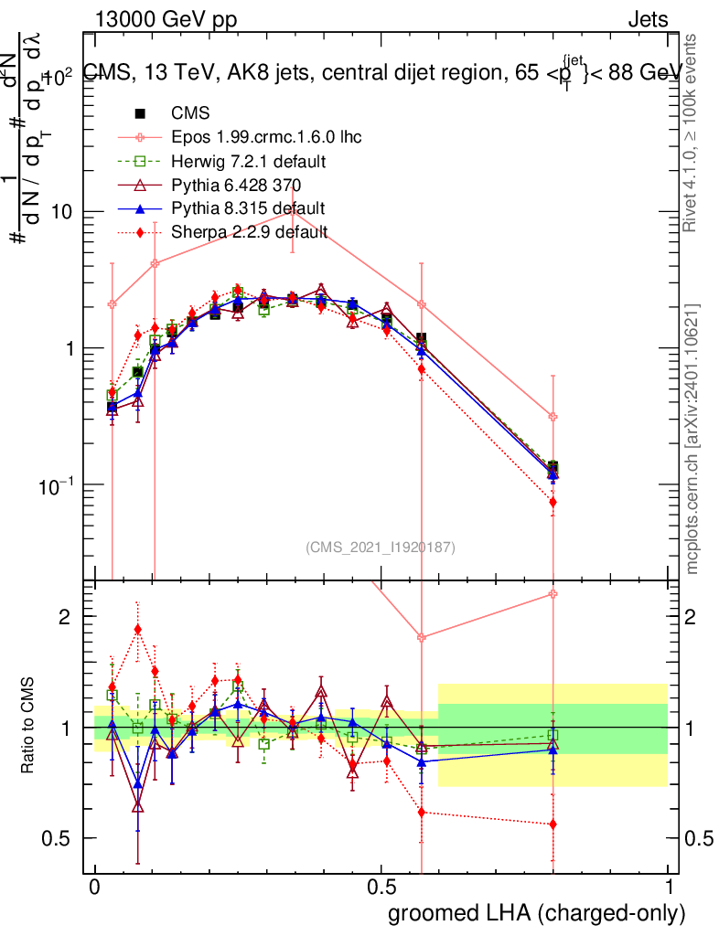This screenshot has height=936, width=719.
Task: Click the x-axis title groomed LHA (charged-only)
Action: pyautogui.click(x=538, y=913)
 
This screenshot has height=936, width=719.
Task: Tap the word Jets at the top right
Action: pyautogui.click(x=648, y=21)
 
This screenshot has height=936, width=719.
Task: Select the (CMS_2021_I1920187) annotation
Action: pyautogui.click(x=381, y=547)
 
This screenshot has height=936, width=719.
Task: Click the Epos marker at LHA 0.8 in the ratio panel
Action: pyautogui.click(x=553, y=594)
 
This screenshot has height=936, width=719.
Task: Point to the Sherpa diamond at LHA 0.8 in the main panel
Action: pyautogui.click(x=553, y=502)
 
